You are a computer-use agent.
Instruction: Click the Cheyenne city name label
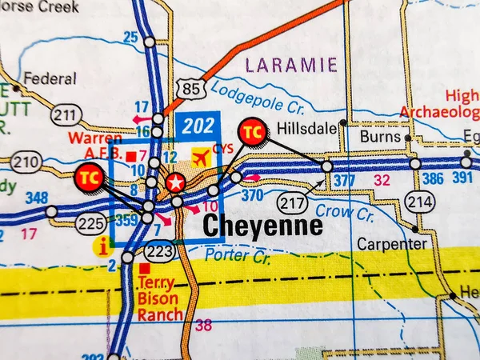pos(262,226)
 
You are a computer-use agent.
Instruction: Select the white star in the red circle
pos(175,182)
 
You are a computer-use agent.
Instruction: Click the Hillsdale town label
pos(304,127)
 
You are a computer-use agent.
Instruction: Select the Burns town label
pos(380,137)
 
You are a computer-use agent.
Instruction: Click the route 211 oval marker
pos(66,115)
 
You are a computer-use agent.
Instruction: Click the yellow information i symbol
pos(102,246)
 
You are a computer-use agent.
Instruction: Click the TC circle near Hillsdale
pos(253,131)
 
